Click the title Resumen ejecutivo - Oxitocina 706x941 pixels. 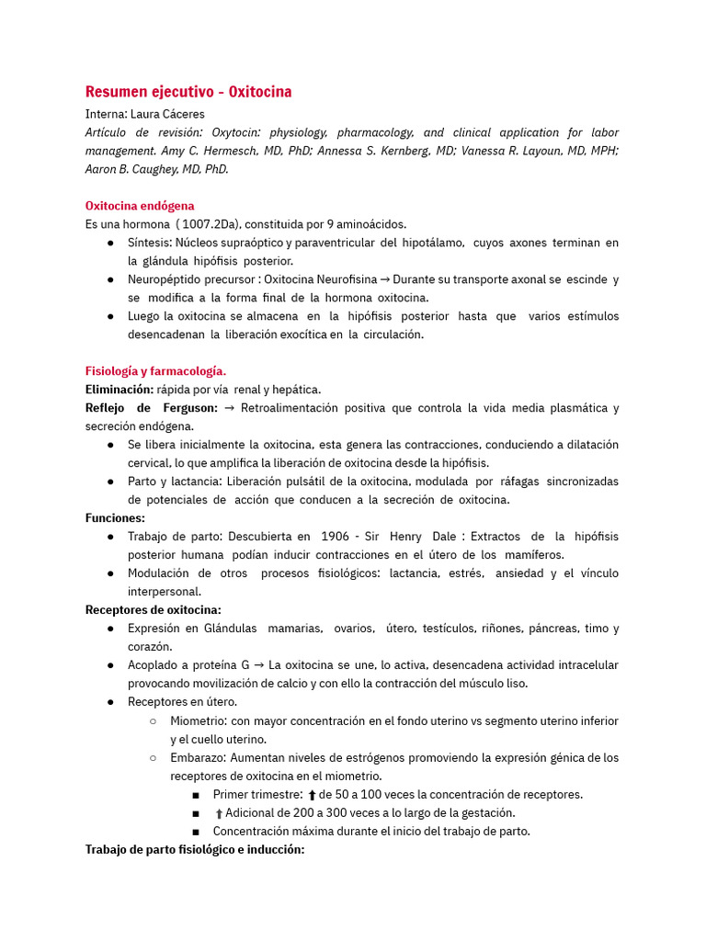(188, 92)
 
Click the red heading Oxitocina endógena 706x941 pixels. (140, 206)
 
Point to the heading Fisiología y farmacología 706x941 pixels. (155, 371)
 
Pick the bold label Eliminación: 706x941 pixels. (119, 390)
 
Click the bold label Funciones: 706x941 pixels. (115, 518)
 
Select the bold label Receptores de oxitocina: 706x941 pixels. (153, 610)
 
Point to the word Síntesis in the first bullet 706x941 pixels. (149, 243)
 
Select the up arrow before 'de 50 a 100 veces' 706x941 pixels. (313, 795)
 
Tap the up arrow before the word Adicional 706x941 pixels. (219, 813)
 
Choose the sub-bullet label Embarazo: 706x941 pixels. (198, 758)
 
